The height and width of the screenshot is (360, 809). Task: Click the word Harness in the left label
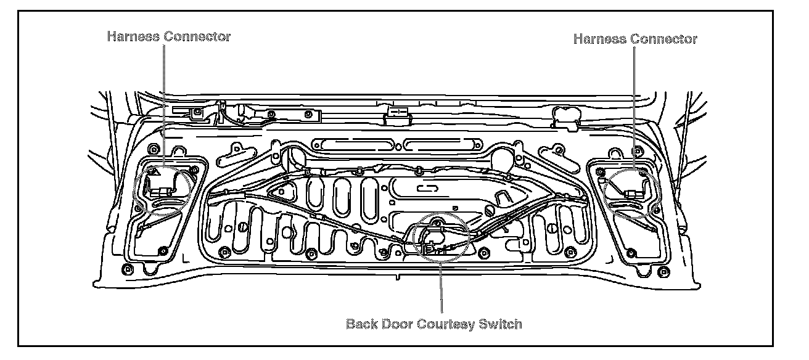point(133,36)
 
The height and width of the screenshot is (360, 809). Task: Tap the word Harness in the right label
point(599,39)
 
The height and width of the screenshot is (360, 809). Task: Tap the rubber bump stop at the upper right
point(564,115)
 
